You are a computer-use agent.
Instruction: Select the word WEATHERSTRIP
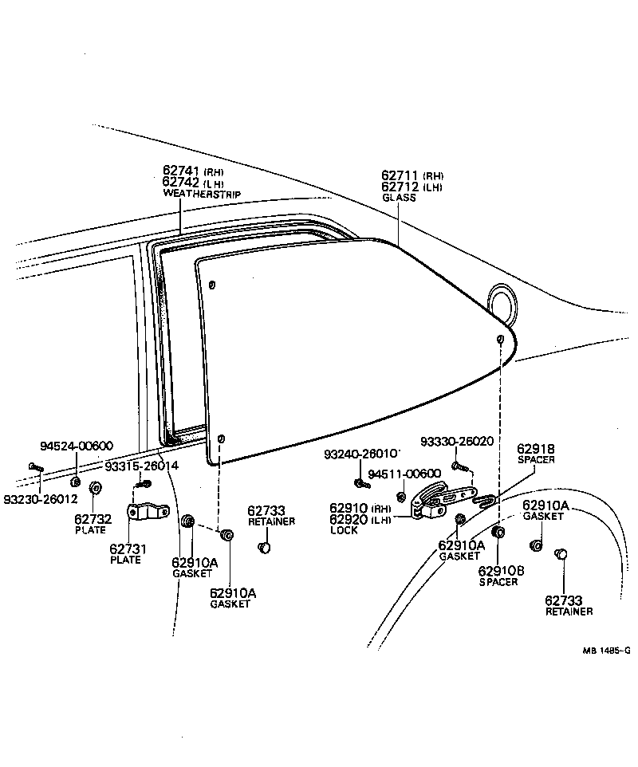201,194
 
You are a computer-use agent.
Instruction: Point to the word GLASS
399,198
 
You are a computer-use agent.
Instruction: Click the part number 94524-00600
77,446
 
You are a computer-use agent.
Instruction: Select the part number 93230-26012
40,500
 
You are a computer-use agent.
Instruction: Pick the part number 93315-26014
142,466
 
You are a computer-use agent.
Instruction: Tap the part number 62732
93,519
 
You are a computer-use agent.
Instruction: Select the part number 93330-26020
456,441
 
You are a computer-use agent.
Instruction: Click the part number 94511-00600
404,474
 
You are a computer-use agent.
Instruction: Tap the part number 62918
535,449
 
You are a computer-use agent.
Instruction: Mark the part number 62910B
501,570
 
